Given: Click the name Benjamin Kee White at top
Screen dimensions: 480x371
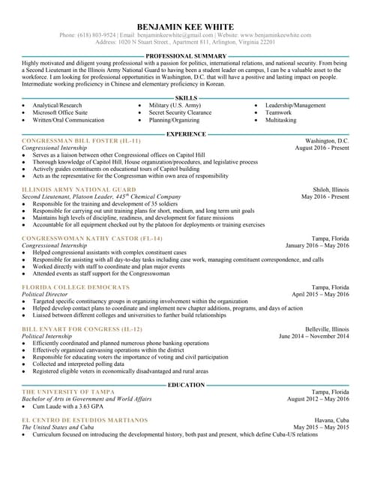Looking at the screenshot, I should click(x=185, y=27).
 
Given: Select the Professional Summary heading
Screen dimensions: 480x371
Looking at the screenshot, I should click(x=186, y=56).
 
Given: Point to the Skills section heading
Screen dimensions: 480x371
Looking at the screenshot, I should click(x=186, y=98).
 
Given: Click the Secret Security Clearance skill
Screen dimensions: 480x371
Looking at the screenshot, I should click(x=180, y=112).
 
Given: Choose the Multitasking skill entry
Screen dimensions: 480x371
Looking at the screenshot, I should click(x=281, y=120).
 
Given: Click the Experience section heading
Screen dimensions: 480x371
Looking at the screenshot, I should click(x=186, y=134).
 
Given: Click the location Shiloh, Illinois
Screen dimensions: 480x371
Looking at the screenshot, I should click(x=331, y=190).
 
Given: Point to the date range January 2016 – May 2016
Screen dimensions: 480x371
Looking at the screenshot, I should click(x=317, y=245).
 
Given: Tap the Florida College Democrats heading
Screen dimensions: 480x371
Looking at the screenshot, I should click(x=76, y=287).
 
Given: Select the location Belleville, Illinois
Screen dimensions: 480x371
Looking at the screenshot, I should click(x=327, y=329).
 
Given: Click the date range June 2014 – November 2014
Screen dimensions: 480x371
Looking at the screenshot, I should click(x=313, y=336).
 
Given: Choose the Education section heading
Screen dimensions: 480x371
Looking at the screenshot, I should click(x=186, y=385).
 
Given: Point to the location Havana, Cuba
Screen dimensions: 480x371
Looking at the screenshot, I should click(x=331, y=420).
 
